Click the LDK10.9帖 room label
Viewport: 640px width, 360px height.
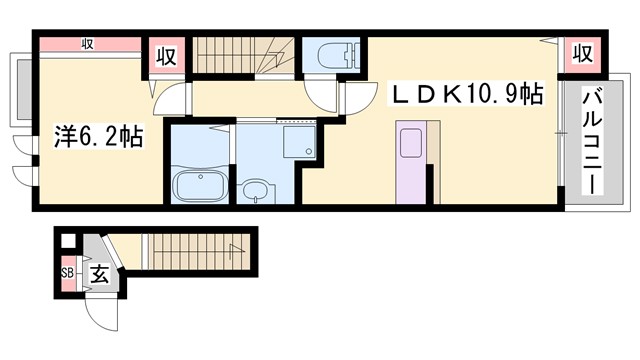click(x=466, y=95)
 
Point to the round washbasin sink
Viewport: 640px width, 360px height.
click(x=257, y=190)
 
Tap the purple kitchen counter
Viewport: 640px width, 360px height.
click(x=411, y=160)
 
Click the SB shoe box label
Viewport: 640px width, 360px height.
click(x=68, y=272)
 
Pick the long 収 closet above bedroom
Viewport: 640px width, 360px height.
click(x=88, y=43)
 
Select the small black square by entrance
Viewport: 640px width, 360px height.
click(x=67, y=241)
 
